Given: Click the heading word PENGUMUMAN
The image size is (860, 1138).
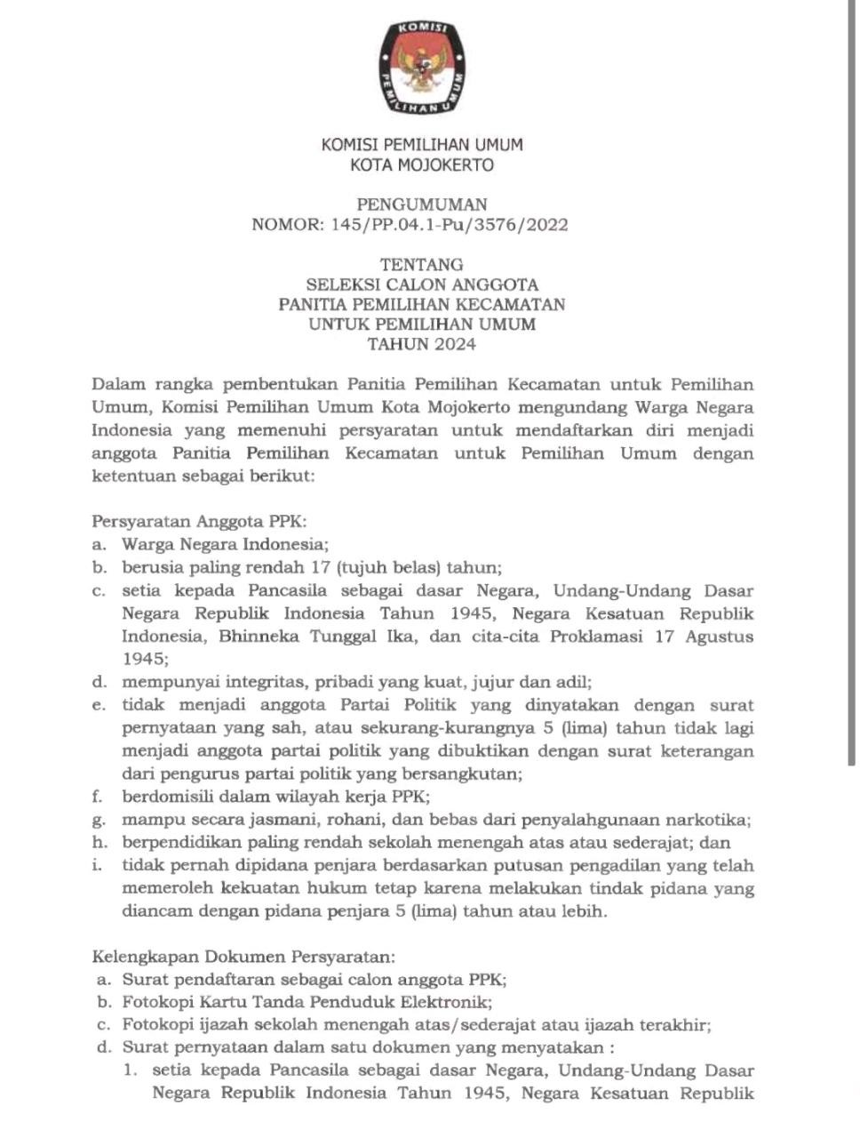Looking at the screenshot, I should point(422,204).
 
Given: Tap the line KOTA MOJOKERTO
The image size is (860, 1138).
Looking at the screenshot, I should point(422,164).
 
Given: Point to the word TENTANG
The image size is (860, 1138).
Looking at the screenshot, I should point(422,264).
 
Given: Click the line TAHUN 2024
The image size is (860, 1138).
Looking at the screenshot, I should point(422,345).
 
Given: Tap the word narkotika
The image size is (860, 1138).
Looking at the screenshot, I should point(711,820).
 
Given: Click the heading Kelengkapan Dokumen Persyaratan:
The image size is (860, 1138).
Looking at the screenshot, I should point(243,957).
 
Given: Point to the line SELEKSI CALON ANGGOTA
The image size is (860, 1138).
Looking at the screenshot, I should point(422,284).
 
